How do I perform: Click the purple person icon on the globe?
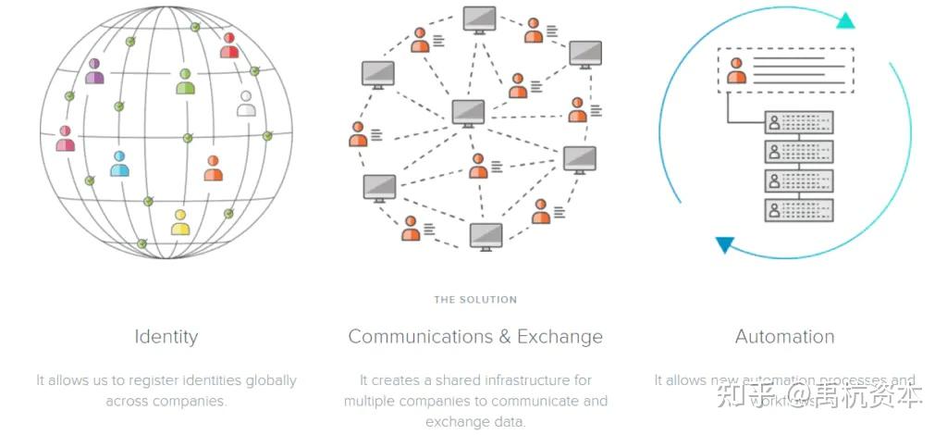point(94,71)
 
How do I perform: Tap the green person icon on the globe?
point(185,81)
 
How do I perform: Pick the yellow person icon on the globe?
point(180,223)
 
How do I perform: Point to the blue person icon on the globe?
point(119,165)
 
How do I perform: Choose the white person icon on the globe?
point(246,104)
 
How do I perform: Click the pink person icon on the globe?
point(65,140)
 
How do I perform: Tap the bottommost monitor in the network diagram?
point(486,236)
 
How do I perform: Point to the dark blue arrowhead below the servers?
point(725,245)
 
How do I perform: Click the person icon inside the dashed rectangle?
point(736,71)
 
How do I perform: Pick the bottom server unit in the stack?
point(799,210)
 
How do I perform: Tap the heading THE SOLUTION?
point(475,300)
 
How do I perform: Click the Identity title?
point(166,337)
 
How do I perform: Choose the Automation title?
point(784,337)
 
